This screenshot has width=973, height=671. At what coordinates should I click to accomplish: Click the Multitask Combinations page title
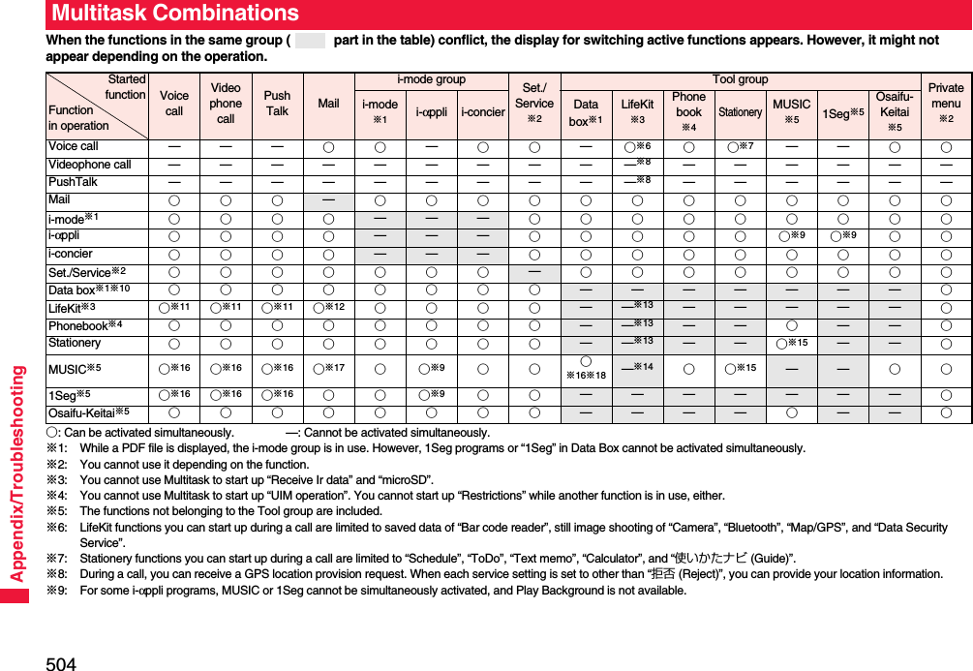(175, 14)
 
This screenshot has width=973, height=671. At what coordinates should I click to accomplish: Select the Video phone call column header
(226, 104)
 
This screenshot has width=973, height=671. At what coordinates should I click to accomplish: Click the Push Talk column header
(277, 104)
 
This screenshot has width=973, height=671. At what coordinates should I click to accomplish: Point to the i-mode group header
(431, 79)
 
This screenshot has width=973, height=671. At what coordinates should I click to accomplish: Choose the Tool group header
(740, 79)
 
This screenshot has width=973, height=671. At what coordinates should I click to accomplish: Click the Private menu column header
(946, 104)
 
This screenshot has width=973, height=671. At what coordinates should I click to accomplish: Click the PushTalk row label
(74, 182)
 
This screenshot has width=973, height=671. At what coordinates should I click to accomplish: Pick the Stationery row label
(75, 343)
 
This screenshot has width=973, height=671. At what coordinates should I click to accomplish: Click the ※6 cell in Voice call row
(637, 146)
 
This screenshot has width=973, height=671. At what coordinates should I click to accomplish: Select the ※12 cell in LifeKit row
(329, 307)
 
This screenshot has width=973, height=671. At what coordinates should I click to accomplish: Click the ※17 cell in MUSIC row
(329, 368)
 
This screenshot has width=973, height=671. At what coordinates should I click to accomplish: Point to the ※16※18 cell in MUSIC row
(585, 368)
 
